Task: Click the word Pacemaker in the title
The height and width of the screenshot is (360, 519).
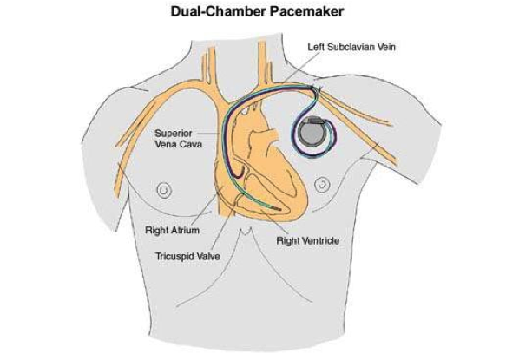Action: (x=306, y=11)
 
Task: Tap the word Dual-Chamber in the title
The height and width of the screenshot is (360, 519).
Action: (x=218, y=11)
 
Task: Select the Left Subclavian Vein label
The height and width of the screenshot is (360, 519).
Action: (x=351, y=47)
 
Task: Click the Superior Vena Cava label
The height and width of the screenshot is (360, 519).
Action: (x=178, y=139)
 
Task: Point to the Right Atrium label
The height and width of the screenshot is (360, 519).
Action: (x=172, y=230)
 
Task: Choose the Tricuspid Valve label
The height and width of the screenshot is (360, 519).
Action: (x=187, y=256)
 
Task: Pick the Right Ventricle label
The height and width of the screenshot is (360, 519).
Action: (x=308, y=240)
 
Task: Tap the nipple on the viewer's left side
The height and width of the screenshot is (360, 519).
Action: (x=164, y=190)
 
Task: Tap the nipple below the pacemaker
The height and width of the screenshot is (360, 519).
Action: (x=322, y=185)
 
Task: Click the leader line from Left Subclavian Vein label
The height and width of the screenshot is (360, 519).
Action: (x=297, y=69)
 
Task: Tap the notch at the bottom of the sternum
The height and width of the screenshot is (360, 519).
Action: (x=245, y=232)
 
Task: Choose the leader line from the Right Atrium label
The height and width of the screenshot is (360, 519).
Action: (x=206, y=206)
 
